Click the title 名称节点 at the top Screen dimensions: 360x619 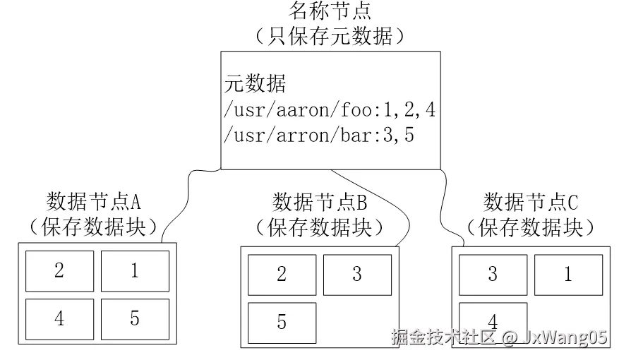coord(330,11)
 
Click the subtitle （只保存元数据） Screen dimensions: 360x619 coord(330,35)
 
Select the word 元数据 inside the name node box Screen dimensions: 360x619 coord(256,85)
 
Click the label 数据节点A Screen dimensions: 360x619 coord(94,202)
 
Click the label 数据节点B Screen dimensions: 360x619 coord(320,203)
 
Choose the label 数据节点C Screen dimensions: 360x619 coord(531,203)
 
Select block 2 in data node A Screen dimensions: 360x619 coord(59,271)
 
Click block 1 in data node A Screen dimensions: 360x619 coord(135,271)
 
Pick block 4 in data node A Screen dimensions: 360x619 coord(59,319)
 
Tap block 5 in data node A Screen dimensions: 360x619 coord(135,319)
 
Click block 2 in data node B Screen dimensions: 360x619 coord(282,275)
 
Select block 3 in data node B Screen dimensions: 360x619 coord(357,275)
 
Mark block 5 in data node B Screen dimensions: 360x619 coord(282,323)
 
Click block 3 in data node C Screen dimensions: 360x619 coord(493,275)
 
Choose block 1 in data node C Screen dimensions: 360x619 coord(568,275)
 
